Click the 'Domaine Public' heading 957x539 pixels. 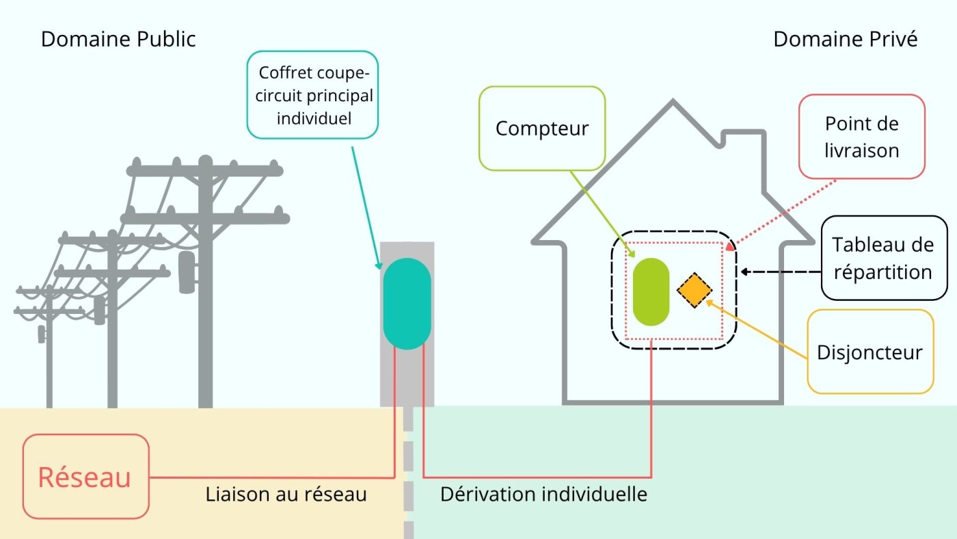tap(118, 39)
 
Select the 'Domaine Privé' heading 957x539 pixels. tap(845, 39)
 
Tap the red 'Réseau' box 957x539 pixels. tap(85, 477)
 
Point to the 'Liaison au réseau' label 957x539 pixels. tap(286, 494)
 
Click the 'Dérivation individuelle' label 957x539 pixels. tap(543, 494)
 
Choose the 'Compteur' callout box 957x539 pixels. tap(542, 128)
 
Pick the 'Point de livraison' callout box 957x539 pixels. tap(861, 137)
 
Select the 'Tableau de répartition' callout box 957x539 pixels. tap(884, 258)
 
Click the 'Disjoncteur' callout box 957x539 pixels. tap(870, 352)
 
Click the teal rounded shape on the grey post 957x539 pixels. tap(407, 303)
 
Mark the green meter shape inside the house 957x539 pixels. tap(651, 291)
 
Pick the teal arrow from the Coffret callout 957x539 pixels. tap(366, 205)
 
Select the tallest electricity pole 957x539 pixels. tap(205, 287)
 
